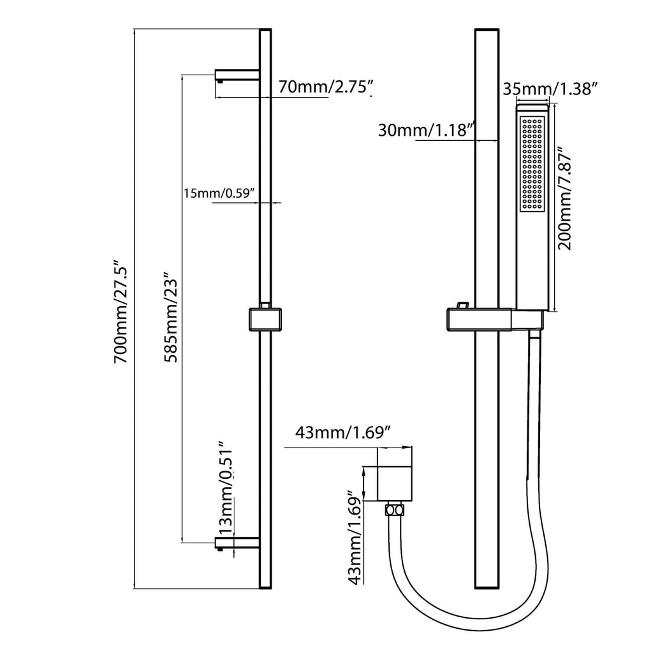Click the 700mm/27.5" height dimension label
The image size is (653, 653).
tap(122, 311)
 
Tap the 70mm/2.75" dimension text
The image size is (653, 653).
tap(325, 87)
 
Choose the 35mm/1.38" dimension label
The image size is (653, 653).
tap(550, 89)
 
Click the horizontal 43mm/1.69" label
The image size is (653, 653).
tap(343, 433)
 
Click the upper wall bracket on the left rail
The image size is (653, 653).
tap(237, 75)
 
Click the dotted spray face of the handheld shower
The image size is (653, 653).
tap(532, 165)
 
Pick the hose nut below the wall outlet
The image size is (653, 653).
tap(395, 510)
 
